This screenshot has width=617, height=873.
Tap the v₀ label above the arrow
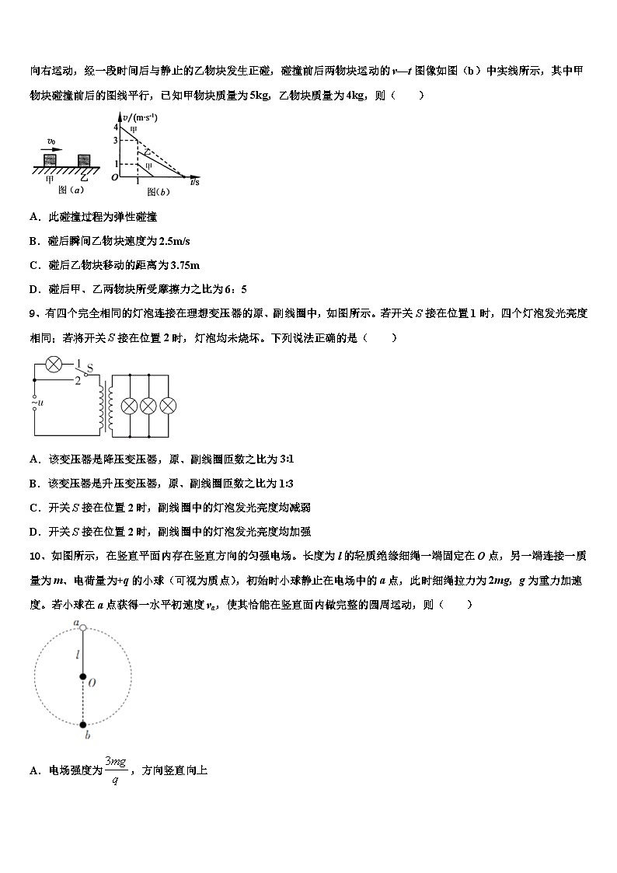[x=51, y=142]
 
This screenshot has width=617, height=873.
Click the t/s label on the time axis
[x=194, y=183]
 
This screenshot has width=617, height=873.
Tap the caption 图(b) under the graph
[x=156, y=192]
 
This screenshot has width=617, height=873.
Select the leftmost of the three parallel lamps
[x=128, y=405]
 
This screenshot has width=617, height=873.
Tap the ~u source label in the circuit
[x=37, y=403]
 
